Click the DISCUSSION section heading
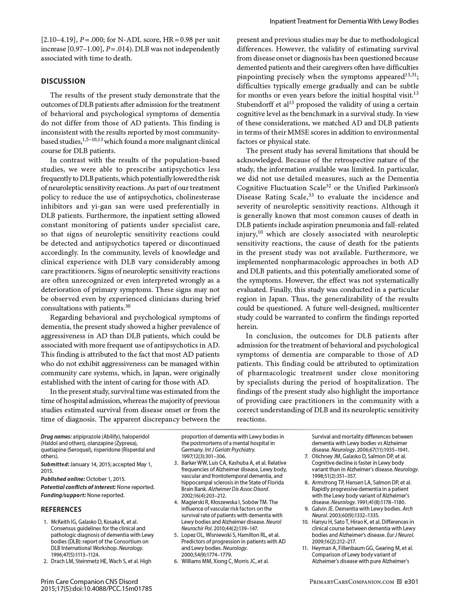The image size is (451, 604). coord(63,81)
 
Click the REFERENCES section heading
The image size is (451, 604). coord(61,510)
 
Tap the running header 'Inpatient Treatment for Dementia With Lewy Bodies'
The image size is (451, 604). coord(343,21)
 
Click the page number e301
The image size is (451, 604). coord(411,581)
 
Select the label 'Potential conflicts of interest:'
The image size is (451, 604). coord(78,487)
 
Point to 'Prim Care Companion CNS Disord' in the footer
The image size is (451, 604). coord(89,581)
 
